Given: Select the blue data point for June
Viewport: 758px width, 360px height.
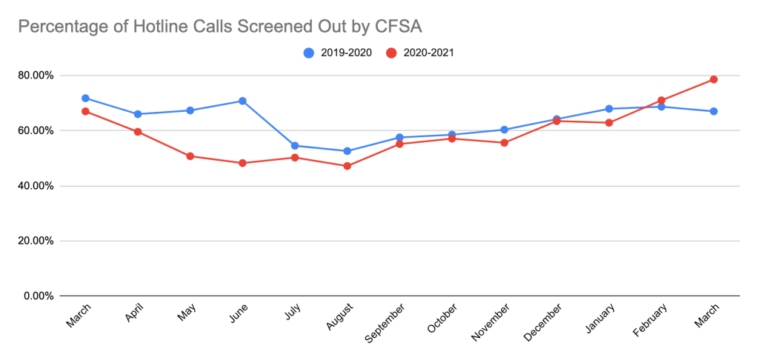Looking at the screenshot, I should pos(242,101).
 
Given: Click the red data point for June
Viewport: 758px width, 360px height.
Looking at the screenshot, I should pos(242,163).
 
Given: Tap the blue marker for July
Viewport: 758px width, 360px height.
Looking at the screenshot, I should pos(295,146).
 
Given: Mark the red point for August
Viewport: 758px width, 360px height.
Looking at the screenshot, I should pos(347,166).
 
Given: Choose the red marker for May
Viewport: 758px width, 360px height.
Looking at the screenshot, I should pos(190,156).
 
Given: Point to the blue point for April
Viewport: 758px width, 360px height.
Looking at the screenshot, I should pos(138,114).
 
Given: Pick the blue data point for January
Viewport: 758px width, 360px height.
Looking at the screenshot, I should pos(609,109).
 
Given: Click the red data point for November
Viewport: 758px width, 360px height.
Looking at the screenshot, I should pos(505,143).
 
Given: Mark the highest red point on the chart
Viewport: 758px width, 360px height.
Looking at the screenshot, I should pos(714,79).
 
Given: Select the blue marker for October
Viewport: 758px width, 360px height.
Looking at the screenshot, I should pos(452,135).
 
